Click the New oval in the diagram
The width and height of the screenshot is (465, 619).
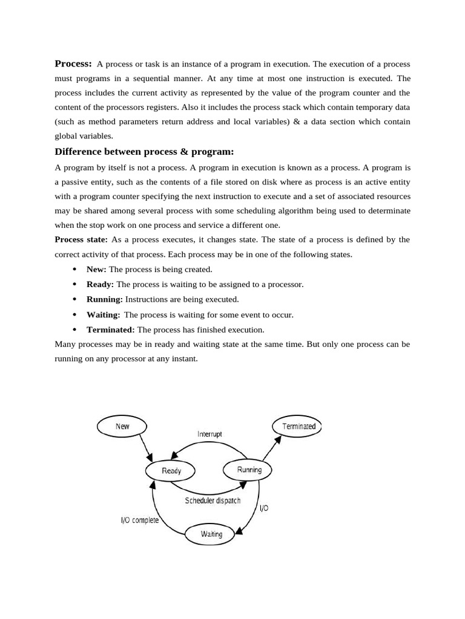click(x=122, y=426)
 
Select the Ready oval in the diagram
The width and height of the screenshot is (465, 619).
click(x=171, y=470)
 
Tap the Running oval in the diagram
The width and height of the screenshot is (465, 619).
click(x=248, y=470)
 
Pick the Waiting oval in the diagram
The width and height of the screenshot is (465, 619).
click(x=211, y=534)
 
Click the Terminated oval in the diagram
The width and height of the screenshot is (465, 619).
click(x=298, y=426)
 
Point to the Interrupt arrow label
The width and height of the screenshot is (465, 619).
click(x=210, y=434)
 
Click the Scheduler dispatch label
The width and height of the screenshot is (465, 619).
click(x=213, y=501)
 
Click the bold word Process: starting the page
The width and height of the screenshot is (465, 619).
click(x=73, y=63)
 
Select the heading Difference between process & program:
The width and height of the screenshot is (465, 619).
click(x=144, y=151)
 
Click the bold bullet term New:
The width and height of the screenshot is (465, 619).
click(x=96, y=269)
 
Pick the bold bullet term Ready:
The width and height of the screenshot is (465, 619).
click(x=100, y=284)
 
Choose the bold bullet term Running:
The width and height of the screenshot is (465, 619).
click(x=104, y=299)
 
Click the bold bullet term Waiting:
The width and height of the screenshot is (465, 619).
click(x=103, y=314)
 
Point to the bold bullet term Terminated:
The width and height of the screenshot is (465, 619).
click(x=111, y=329)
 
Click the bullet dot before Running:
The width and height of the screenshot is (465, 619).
click(x=74, y=300)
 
